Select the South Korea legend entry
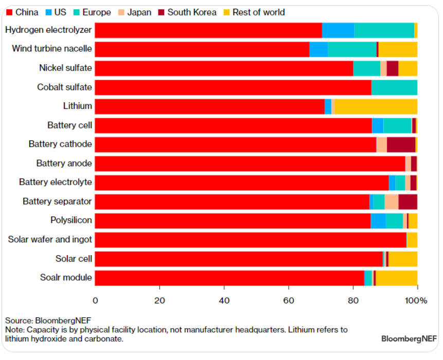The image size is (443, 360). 187,12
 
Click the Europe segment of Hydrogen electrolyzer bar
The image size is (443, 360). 384,30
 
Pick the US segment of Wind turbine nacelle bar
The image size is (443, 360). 318,49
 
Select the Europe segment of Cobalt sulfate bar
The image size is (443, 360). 394,87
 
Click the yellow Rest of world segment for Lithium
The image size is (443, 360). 376,106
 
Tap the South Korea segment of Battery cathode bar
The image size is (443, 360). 401,145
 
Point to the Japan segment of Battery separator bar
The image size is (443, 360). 391,202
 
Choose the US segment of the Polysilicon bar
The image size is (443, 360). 378,221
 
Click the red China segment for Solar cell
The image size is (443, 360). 239,259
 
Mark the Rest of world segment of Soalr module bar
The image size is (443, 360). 396,278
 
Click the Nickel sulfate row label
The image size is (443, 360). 65,68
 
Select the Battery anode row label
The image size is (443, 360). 64,164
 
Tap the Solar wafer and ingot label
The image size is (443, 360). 50,240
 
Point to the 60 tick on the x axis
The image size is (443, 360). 289,300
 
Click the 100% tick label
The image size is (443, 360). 417,300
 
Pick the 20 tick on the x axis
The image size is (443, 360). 160,300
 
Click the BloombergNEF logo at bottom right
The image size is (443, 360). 409,339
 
